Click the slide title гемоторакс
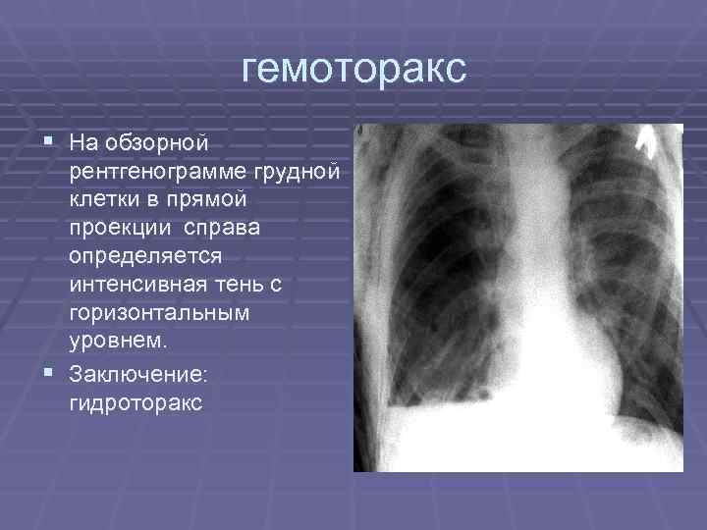(x=353, y=69)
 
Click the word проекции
(x=119, y=229)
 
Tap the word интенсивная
(x=135, y=286)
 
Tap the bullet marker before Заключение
(x=49, y=372)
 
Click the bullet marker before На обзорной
(x=49, y=141)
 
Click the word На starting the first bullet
(x=82, y=143)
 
